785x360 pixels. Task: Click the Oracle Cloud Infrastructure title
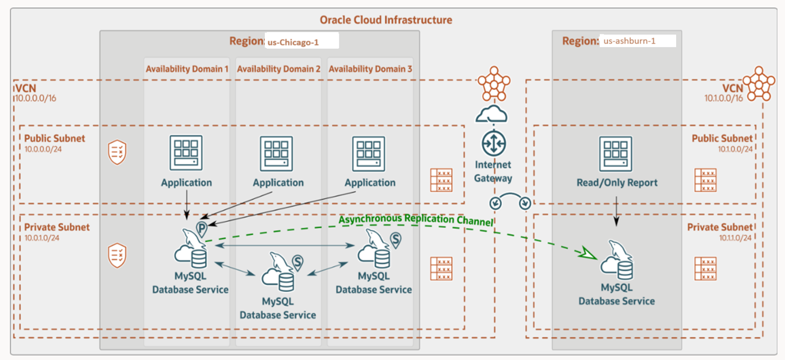386,20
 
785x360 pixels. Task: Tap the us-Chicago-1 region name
293,42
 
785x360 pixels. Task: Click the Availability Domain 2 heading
279,69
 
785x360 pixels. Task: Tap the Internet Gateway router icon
493,143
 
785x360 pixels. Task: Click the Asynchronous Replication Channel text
416,219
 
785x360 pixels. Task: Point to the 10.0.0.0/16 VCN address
35,98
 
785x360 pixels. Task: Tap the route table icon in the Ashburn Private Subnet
705,268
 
